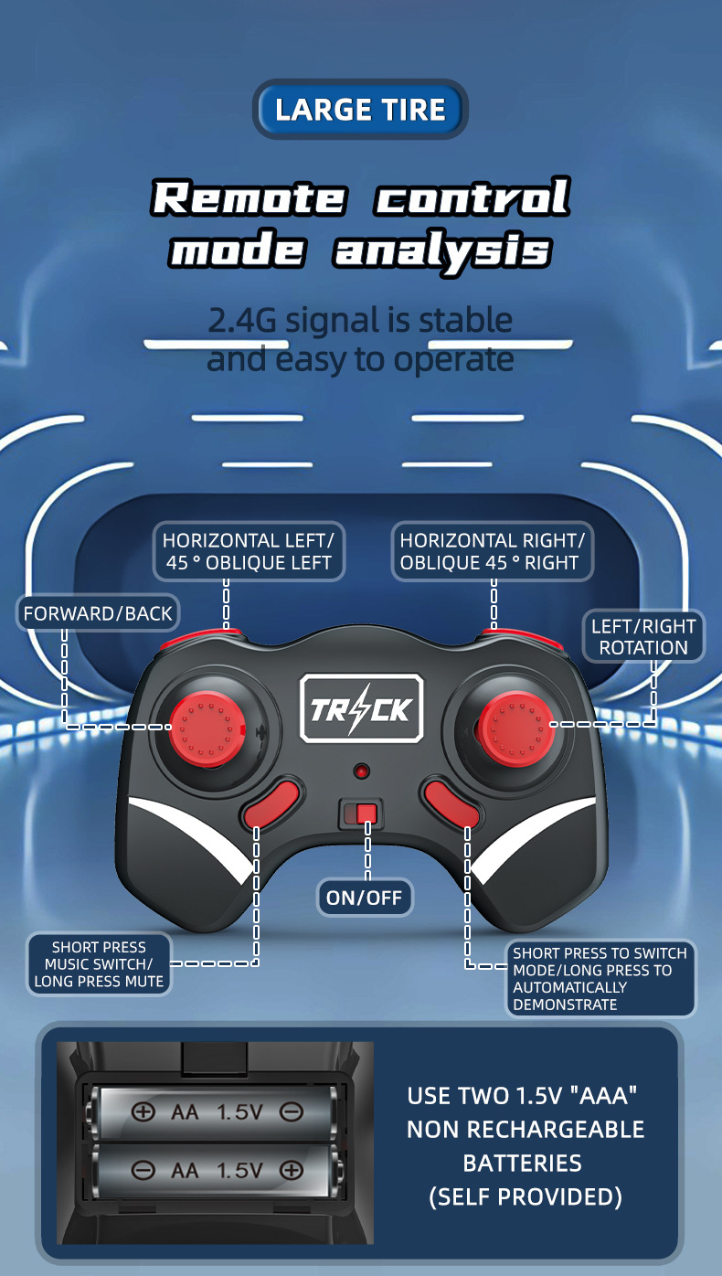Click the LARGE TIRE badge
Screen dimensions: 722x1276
(x=360, y=110)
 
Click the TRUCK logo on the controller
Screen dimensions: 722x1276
(x=362, y=708)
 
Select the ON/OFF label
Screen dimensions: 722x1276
(x=365, y=898)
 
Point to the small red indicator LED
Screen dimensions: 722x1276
(x=362, y=771)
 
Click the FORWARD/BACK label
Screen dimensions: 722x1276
(x=98, y=613)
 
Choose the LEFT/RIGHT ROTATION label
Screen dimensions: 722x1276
(x=643, y=637)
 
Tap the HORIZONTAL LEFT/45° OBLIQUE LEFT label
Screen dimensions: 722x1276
(x=249, y=551)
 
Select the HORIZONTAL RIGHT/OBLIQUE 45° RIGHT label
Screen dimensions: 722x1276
(x=493, y=551)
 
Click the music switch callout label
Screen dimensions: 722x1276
(x=99, y=964)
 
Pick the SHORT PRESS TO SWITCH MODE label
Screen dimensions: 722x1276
(x=600, y=979)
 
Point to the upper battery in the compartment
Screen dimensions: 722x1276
(x=216, y=1112)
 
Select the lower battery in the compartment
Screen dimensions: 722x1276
(x=216, y=1170)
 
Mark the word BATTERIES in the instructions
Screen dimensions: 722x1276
(x=523, y=1163)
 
